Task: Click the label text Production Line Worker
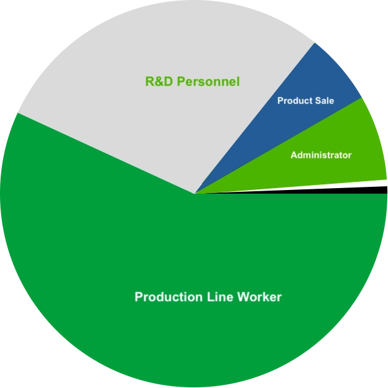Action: coord(208,297)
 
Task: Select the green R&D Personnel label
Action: coord(192,81)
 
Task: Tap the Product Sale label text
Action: coord(305,101)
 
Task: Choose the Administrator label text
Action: coord(321,155)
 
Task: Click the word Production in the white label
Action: coord(166,297)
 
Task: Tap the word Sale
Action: coord(325,101)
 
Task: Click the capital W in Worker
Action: coord(244,297)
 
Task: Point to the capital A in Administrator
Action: coord(294,155)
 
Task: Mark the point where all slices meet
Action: coord(195,194)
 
